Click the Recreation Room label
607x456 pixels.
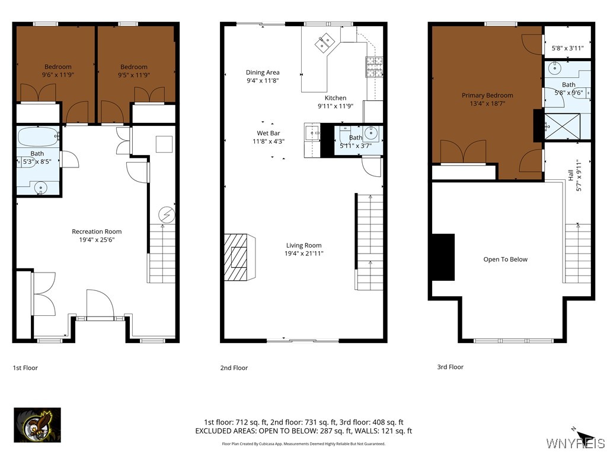[97, 232]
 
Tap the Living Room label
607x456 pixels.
[303, 245]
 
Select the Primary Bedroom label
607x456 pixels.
[487, 95]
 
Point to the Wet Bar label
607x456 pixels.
[269, 133]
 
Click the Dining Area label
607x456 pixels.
[263, 72]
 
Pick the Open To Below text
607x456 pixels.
[505, 259]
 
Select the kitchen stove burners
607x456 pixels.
[373, 66]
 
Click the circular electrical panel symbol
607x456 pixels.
[167, 214]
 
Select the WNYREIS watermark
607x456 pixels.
[575, 444]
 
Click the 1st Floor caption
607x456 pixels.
[25, 368]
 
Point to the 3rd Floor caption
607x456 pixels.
[451, 367]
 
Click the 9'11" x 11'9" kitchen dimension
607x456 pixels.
[336, 107]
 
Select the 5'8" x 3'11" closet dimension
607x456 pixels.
[567, 48]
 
